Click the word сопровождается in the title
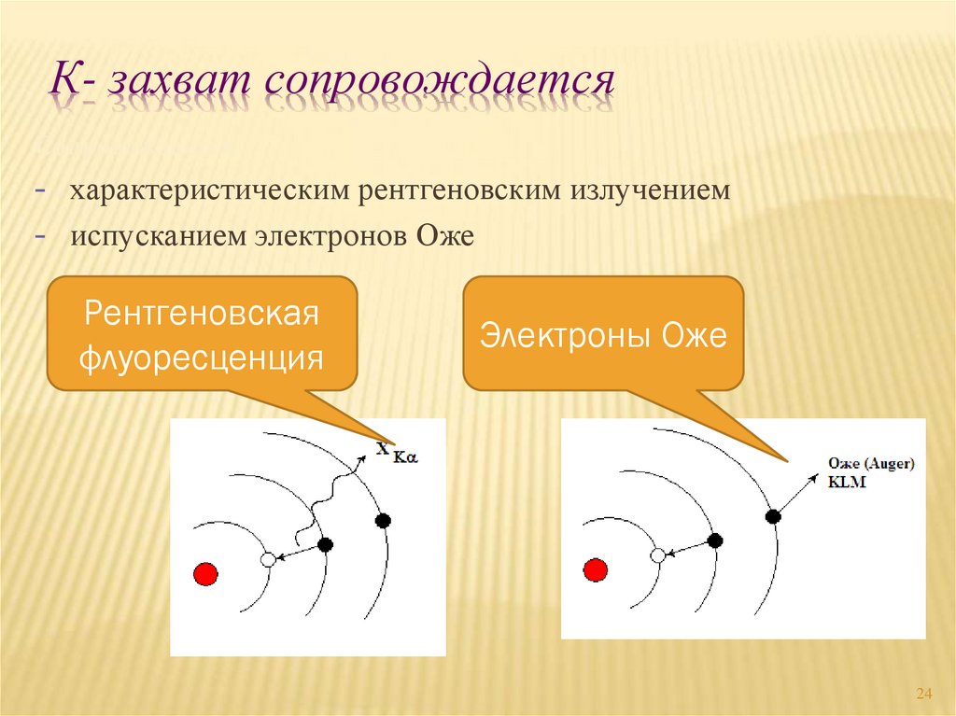pyautogui.click(x=440, y=82)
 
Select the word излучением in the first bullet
pyautogui.click(x=650, y=190)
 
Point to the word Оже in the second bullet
pyautogui.click(x=445, y=236)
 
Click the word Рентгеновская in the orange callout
pyautogui.click(x=202, y=313)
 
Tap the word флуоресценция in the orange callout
pyautogui.click(x=202, y=358)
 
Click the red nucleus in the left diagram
pyautogui.click(x=205, y=574)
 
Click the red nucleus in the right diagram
pyautogui.click(x=595, y=570)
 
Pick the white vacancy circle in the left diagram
pyautogui.click(x=268, y=559)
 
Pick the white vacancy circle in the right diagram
pyautogui.click(x=658, y=555)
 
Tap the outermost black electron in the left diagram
pyautogui.click(x=383, y=521)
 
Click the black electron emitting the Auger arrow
pyautogui.click(x=773, y=516)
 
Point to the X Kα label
pyautogui.click(x=397, y=452)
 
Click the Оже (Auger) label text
pyautogui.click(x=871, y=464)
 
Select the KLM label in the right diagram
pyautogui.click(x=847, y=482)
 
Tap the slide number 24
pyautogui.click(x=924, y=694)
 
